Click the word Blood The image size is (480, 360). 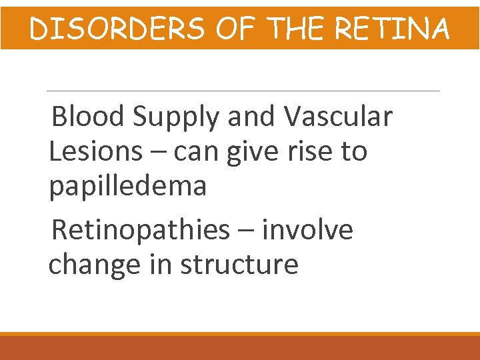pyautogui.click(x=88, y=117)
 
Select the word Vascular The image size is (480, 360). pyautogui.click(x=338, y=117)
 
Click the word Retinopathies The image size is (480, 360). pyautogui.click(x=140, y=231)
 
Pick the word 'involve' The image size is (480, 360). pyautogui.click(x=307, y=230)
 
